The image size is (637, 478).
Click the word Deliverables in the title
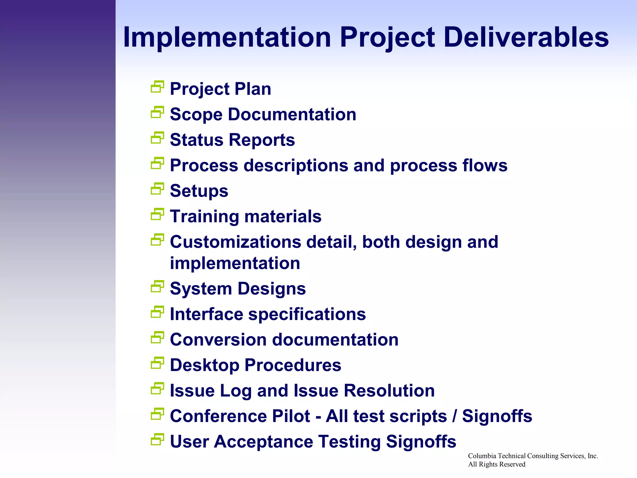click(526, 37)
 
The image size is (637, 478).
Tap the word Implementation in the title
click(227, 37)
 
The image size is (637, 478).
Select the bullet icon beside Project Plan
click(157, 87)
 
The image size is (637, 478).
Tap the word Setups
click(199, 191)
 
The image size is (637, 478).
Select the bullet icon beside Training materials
click(157, 214)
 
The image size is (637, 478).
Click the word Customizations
click(235, 242)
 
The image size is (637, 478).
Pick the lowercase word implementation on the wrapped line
click(235, 263)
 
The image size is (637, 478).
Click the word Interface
click(206, 314)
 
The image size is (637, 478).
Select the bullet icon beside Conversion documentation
click(157, 338)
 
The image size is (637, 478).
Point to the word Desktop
click(204, 365)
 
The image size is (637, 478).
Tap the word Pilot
click(291, 416)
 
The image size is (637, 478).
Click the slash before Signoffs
click(455, 416)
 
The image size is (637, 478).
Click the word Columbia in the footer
click(482, 456)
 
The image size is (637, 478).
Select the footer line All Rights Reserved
click(496, 464)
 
